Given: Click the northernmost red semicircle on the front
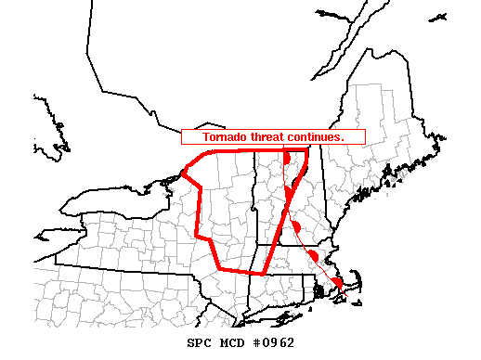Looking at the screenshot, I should coord(288,158).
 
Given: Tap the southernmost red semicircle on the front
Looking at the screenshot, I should coord(338,281).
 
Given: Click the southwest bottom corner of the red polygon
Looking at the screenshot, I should coord(220,268).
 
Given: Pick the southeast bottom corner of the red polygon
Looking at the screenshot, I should coord(265,274).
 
